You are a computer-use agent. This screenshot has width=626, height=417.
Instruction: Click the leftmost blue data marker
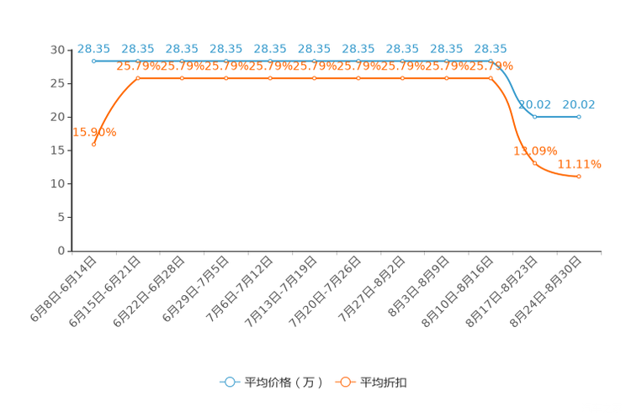click(94, 61)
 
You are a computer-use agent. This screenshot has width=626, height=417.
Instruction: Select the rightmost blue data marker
click(579, 117)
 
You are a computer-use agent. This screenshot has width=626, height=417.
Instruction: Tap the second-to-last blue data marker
click(535, 117)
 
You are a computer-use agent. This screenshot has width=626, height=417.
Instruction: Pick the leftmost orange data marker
click(94, 145)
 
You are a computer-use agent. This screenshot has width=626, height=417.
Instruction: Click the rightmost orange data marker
click(579, 176)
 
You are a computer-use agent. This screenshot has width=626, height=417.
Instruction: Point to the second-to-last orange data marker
click(535, 162)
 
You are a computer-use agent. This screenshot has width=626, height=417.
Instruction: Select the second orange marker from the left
click(138, 78)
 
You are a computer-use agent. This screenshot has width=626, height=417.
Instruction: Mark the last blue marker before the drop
click(491, 61)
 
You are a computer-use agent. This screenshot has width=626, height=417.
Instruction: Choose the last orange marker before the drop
click(491, 78)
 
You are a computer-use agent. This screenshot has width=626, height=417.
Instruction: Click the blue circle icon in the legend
click(229, 382)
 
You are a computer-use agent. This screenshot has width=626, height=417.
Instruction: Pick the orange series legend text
click(385, 383)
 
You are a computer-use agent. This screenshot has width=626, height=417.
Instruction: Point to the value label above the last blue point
click(579, 105)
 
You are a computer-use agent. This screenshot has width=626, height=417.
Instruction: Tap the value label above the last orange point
click(580, 164)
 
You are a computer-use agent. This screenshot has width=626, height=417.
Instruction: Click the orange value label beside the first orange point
click(95, 132)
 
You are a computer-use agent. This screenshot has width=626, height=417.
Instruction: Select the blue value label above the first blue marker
click(93, 49)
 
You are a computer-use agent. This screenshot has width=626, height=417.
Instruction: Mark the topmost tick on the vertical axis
click(69, 50)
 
